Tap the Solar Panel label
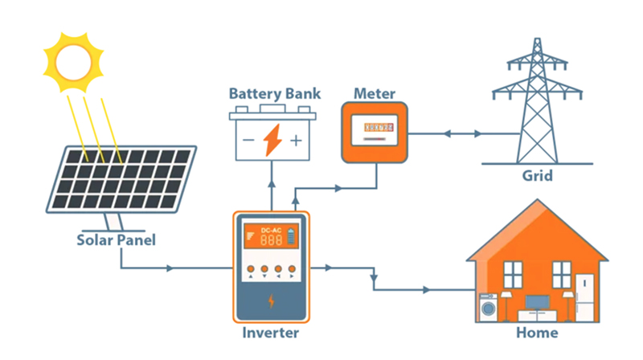point(116,239)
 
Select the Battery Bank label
point(274,94)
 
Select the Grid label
point(538,175)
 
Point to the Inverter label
point(270,332)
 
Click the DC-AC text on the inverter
point(271,231)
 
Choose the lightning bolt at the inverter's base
point(271,302)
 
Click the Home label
point(538,332)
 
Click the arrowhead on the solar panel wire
point(170,268)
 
